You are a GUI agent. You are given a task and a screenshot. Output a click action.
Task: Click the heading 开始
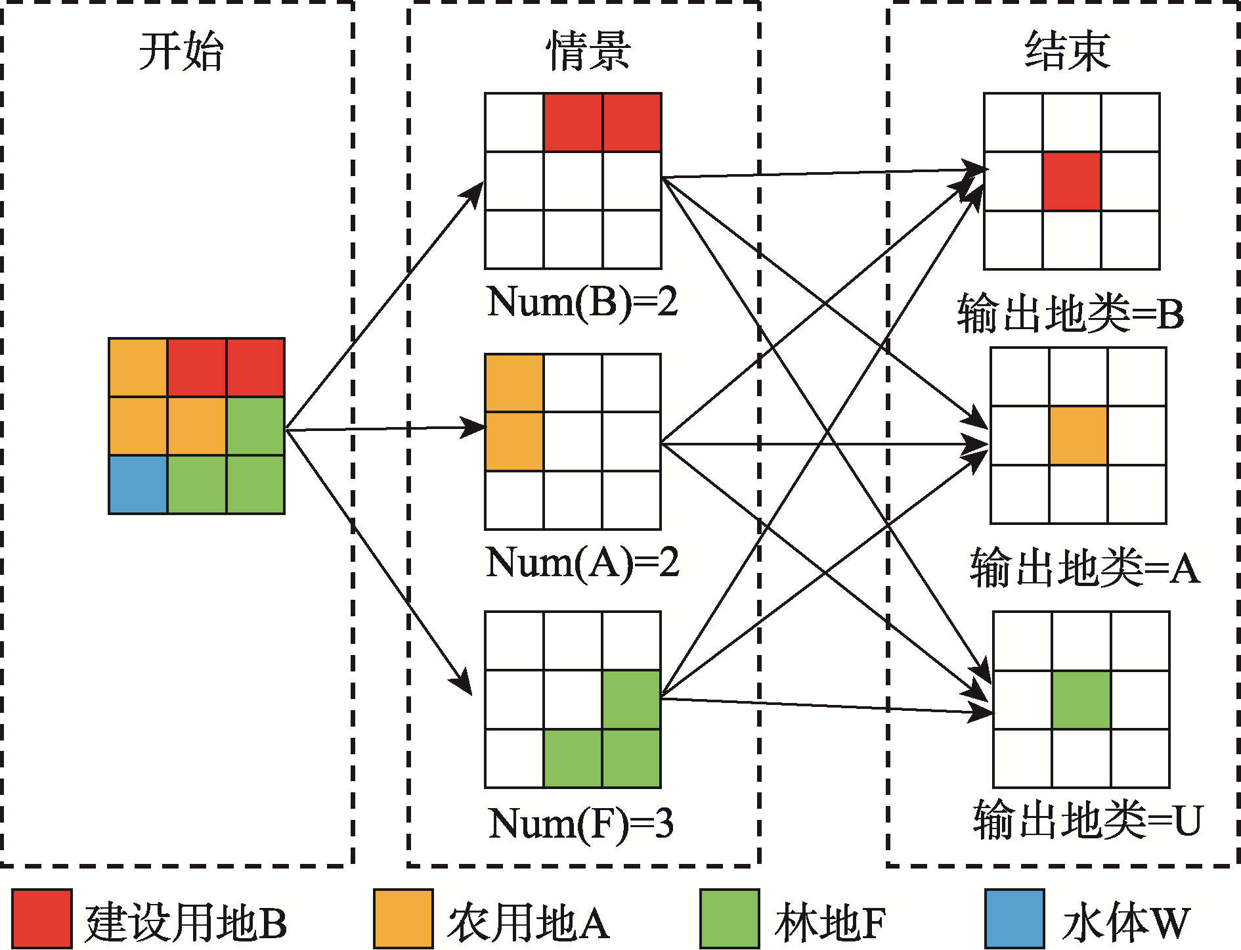tap(181, 51)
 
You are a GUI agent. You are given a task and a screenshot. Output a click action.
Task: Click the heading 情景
tap(588, 51)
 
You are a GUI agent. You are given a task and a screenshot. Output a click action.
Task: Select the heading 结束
tap(1067, 51)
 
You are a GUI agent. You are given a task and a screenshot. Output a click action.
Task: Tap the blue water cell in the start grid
tap(138, 484)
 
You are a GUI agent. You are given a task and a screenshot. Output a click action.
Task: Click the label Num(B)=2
tap(582, 302)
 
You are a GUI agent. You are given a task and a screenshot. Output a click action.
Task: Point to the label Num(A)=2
tap(582, 563)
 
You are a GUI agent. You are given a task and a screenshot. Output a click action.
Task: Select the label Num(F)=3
tap(581, 823)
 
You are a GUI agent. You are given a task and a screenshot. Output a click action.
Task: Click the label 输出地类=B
tap(1070, 313)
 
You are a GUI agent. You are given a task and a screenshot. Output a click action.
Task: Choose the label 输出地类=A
tap(1085, 568)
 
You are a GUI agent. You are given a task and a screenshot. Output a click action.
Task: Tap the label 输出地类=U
tap(1087, 820)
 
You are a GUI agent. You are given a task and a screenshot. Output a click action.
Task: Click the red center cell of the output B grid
tap(1072, 181)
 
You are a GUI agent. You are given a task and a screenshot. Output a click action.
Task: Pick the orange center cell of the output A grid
tap(1078, 436)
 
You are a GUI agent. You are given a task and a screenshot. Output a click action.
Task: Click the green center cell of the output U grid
tap(1081, 700)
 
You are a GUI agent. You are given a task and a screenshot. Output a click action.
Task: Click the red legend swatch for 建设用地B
tap(41, 918)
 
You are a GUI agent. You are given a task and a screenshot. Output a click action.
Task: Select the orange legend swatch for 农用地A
tap(403, 918)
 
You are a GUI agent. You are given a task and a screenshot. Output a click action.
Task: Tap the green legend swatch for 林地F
tap(729, 918)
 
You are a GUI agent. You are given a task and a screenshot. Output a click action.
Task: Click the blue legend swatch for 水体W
tap(1014, 918)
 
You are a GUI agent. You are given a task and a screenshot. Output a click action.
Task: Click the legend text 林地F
tap(830, 922)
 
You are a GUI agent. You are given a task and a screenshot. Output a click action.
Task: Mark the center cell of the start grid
tap(197, 426)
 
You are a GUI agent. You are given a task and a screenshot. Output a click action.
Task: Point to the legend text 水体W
tap(1125, 922)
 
